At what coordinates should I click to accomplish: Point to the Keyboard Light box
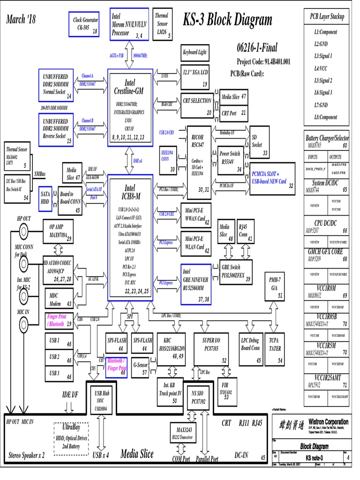coord(195,53)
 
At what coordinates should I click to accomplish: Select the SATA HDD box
coord(45,197)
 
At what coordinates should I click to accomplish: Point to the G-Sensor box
coord(141,367)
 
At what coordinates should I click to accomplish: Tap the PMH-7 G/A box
coord(274,286)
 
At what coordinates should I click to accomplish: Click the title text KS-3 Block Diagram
coord(227,20)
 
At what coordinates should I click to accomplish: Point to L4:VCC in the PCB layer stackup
coord(323,68)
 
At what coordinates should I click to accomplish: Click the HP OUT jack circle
coord(23,231)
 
